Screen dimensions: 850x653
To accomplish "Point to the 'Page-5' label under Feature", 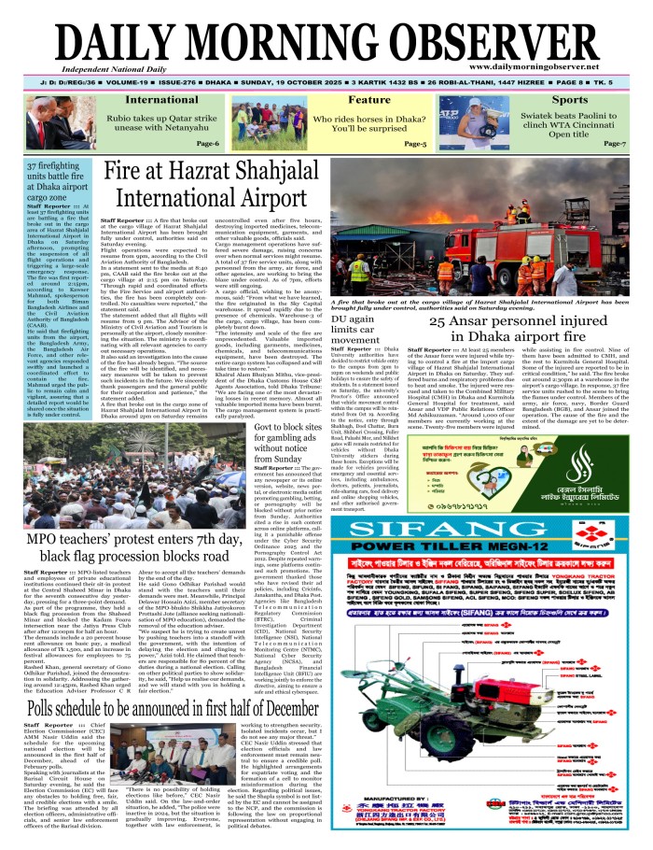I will pos(415,144).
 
